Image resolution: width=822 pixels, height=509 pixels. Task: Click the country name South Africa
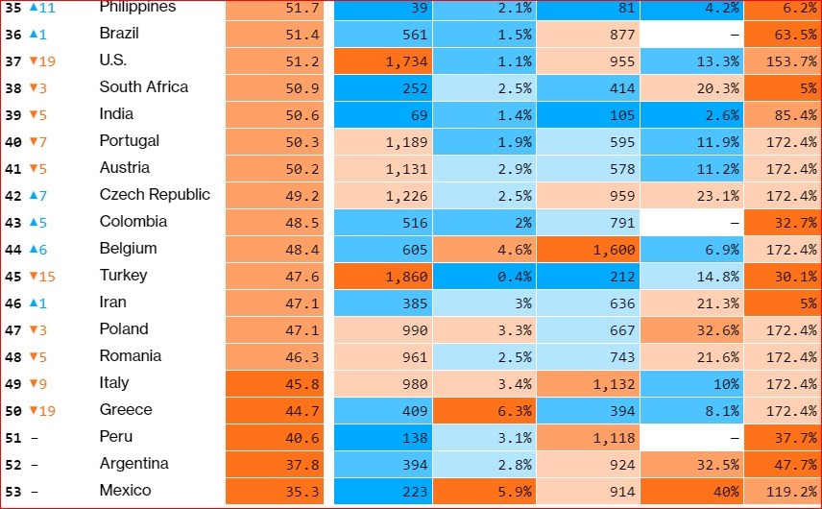[x=143, y=87]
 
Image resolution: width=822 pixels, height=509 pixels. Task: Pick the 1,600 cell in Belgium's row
[x=588, y=249]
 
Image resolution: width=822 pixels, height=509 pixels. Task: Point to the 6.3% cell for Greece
[x=484, y=410]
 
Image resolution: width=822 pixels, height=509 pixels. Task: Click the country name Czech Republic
[x=155, y=195]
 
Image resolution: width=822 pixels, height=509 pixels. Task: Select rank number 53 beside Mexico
[x=12, y=491]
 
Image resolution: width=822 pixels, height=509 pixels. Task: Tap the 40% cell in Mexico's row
[x=691, y=491]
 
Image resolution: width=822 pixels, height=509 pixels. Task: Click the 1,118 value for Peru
[x=588, y=437]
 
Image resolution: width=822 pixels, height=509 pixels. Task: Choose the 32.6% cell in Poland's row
[x=691, y=329]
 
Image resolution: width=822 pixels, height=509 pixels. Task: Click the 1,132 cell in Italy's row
[x=588, y=383]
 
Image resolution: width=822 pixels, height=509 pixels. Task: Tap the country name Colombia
[x=133, y=222]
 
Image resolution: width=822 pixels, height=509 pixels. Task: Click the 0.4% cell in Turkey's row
[x=484, y=276]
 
